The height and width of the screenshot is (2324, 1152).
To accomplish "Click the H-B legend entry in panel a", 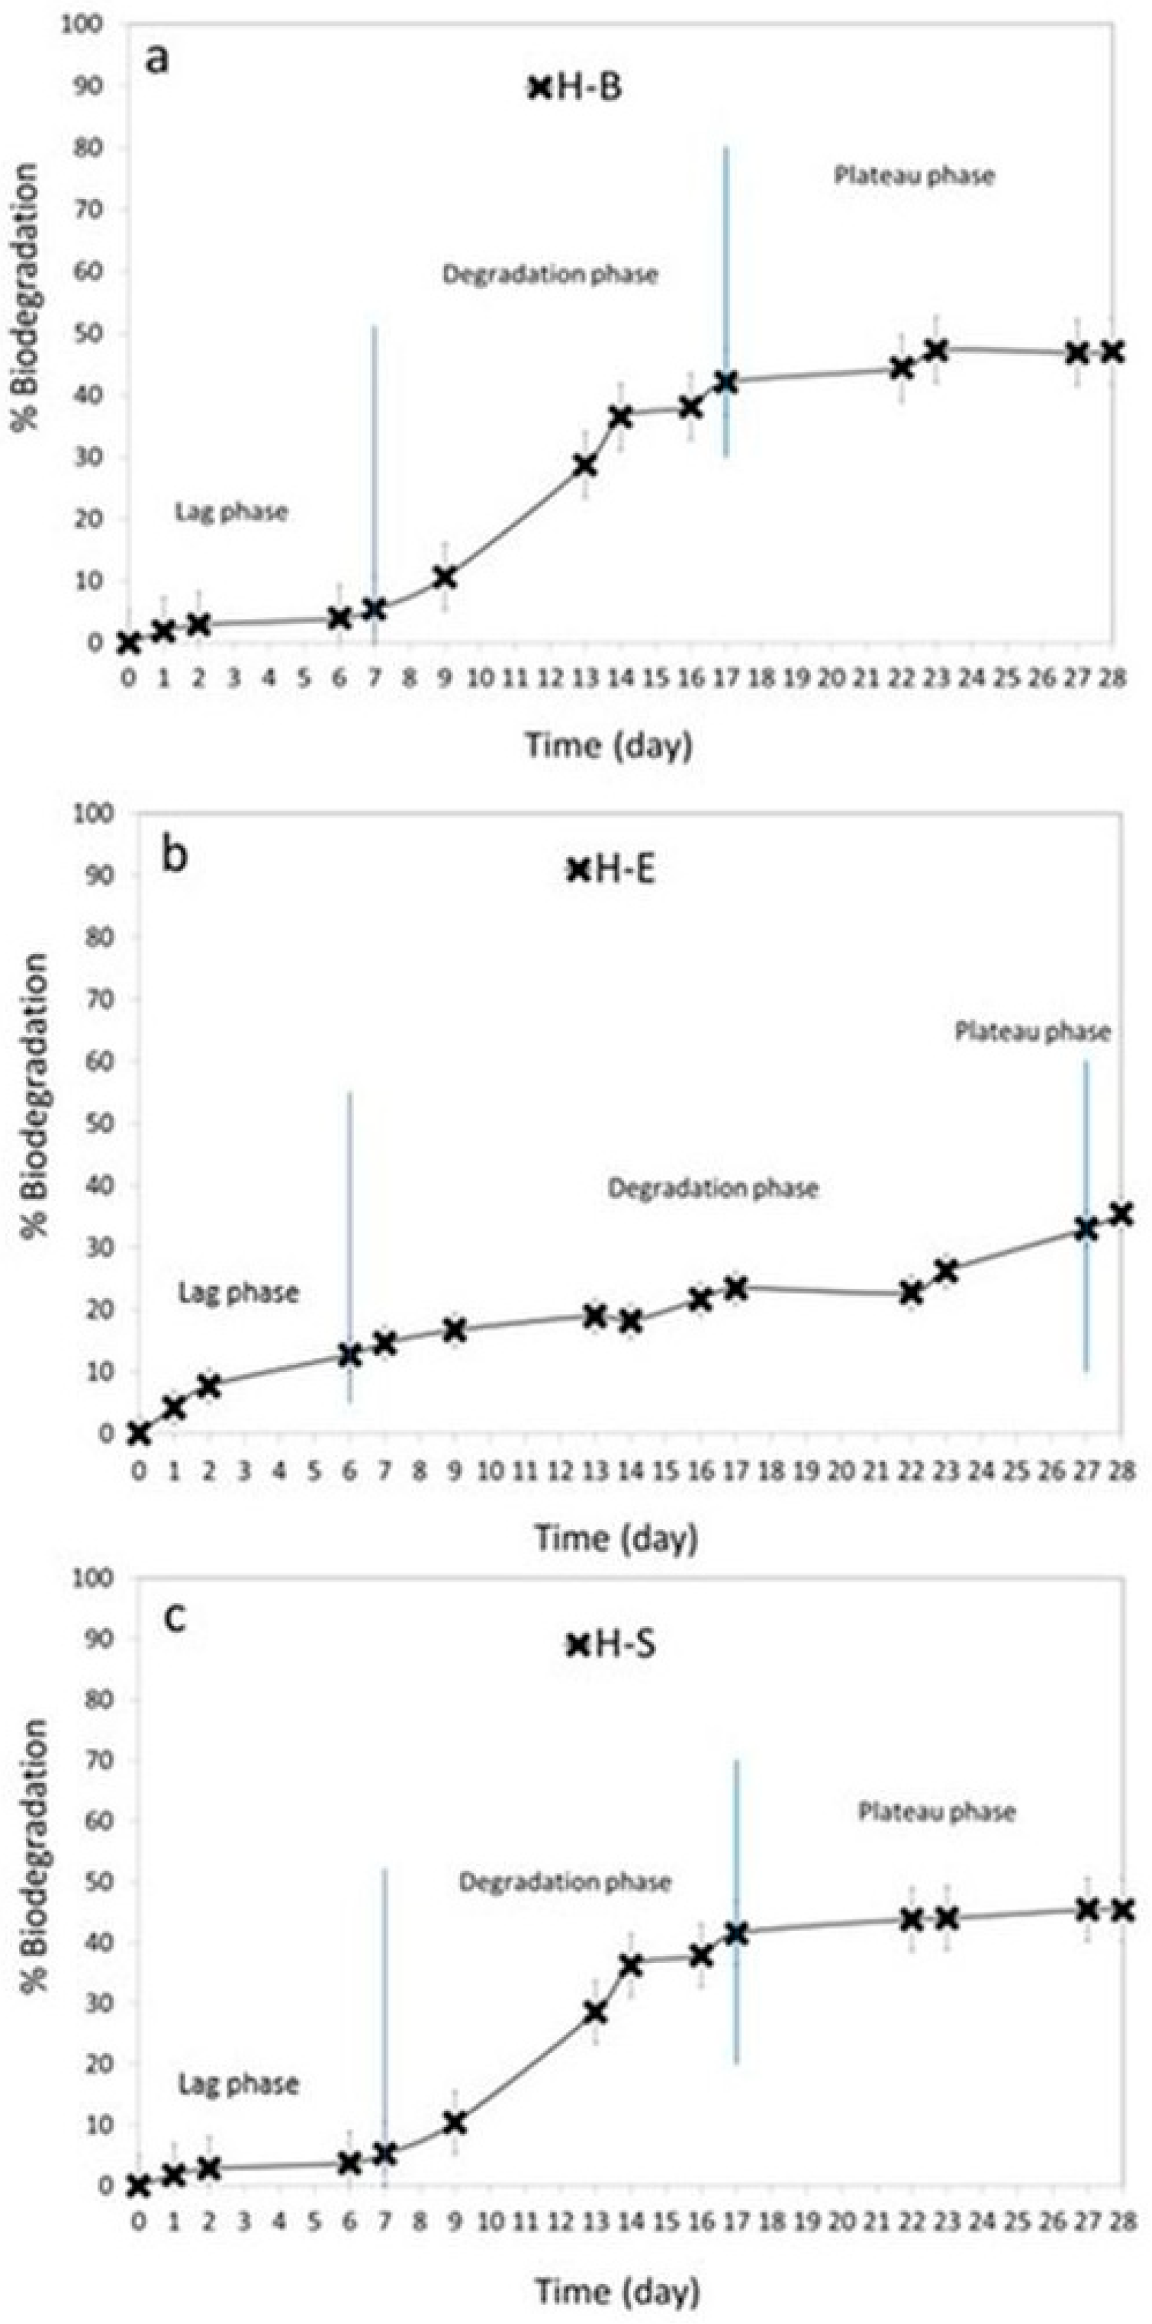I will coord(577,89).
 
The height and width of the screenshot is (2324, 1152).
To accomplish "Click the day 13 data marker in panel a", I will coord(584,466).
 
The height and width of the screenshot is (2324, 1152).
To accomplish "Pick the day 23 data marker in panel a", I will coord(936,350).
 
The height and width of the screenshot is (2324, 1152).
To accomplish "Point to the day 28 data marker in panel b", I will coord(1120,1214).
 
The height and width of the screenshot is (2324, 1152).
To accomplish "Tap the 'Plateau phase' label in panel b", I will coord(1032,1031).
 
